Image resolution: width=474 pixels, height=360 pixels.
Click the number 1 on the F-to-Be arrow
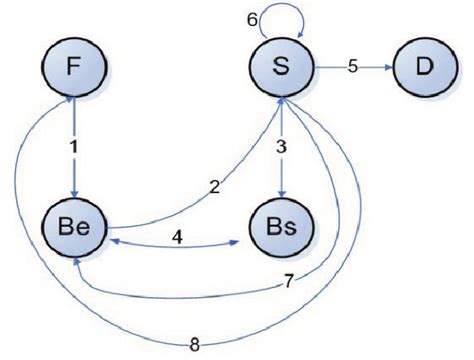click(x=72, y=146)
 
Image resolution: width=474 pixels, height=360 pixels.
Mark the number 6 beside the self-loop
click(x=253, y=19)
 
